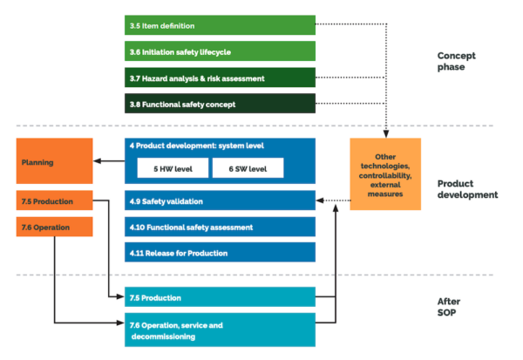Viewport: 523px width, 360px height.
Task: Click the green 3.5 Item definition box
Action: pos(219,26)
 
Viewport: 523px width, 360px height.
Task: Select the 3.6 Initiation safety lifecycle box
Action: pos(219,52)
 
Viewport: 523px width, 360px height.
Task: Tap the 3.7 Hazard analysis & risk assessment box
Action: pos(219,78)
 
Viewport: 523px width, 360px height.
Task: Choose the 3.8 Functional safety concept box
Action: pos(219,105)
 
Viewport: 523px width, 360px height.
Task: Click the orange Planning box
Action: pos(54,160)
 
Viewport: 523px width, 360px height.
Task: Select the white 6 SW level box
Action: pos(248,166)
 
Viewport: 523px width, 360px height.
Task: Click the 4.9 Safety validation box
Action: pos(219,200)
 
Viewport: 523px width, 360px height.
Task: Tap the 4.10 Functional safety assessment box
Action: pos(219,227)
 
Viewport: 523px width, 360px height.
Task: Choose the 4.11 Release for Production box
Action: pos(219,253)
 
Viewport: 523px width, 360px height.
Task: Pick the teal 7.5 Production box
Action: pos(219,297)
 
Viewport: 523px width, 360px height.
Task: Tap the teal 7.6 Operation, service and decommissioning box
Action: pos(219,330)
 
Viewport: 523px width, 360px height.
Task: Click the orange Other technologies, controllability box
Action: pos(384,174)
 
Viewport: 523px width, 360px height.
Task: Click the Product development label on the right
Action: pos(465,188)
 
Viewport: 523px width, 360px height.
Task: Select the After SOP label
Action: pos(449,305)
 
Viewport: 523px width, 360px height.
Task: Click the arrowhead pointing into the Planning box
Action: pos(97,160)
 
